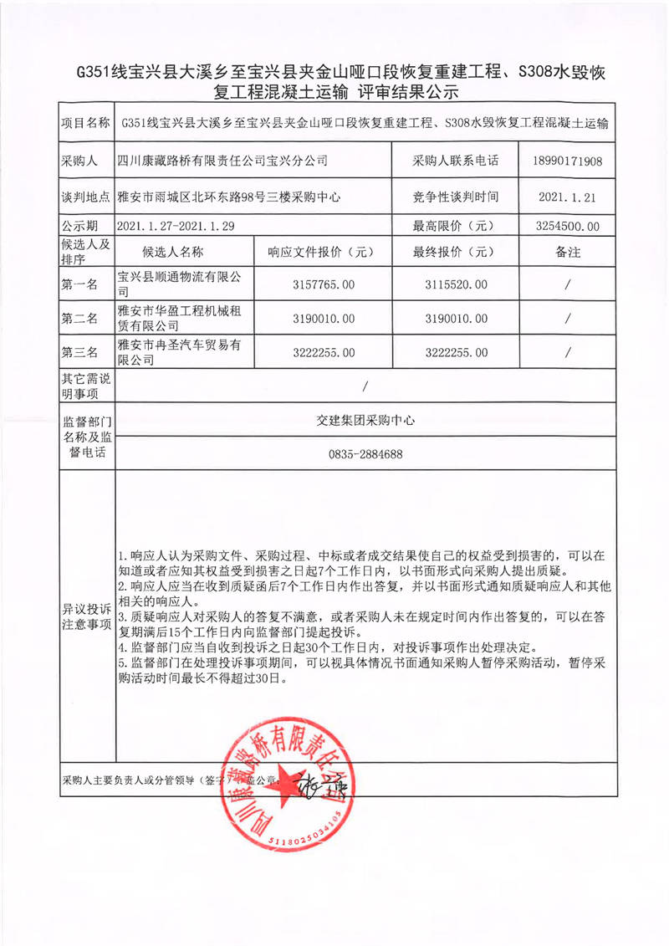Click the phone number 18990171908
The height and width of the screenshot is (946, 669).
[567, 161]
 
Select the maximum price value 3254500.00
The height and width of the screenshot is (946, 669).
[567, 226]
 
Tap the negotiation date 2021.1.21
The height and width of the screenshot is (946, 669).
[567, 197]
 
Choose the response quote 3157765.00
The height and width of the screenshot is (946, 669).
[324, 285]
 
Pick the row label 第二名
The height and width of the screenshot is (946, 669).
[79, 319]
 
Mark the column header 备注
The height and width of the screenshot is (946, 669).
[567, 252]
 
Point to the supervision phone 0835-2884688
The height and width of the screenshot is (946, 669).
[362, 454]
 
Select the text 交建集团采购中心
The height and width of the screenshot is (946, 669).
[362, 422]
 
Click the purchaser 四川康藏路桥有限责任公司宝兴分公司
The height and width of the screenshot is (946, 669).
[222, 161]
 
